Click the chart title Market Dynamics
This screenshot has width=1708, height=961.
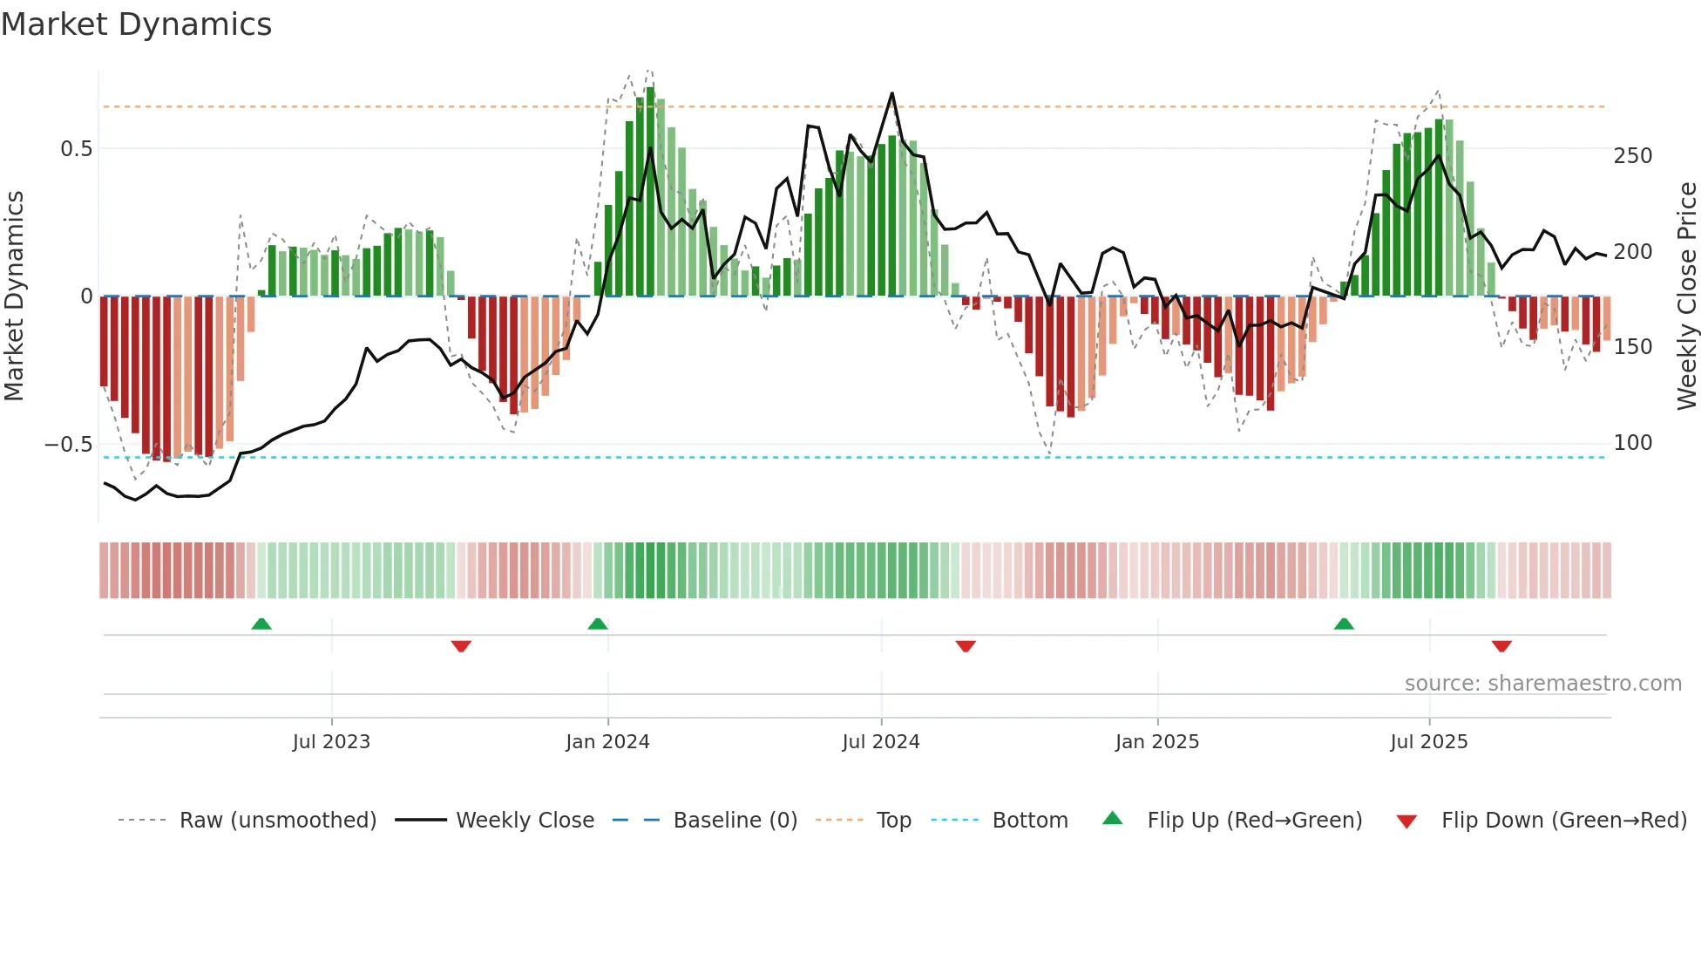(x=137, y=24)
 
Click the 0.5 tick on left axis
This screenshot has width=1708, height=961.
(x=76, y=149)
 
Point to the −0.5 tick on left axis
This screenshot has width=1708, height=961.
(x=68, y=445)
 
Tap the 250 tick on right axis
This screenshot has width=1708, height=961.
(x=1632, y=156)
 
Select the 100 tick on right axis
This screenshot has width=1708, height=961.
(x=1632, y=443)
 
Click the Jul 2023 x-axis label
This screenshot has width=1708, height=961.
(x=331, y=742)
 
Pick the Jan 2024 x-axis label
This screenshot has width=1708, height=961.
(x=607, y=742)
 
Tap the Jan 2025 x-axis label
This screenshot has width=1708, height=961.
(x=1157, y=742)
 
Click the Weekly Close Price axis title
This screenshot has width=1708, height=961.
(x=1687, y=296)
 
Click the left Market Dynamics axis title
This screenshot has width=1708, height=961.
(x=14, y=296)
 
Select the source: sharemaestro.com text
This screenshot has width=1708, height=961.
(x=1542, y=684)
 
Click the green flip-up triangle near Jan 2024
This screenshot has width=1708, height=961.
(x=598, y=624)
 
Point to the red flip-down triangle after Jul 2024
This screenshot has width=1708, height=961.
(x=966, y=646)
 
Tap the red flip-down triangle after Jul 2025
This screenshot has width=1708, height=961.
(x=1501, y=646)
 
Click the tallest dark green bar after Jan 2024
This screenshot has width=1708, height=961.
(x=651, y=192)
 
